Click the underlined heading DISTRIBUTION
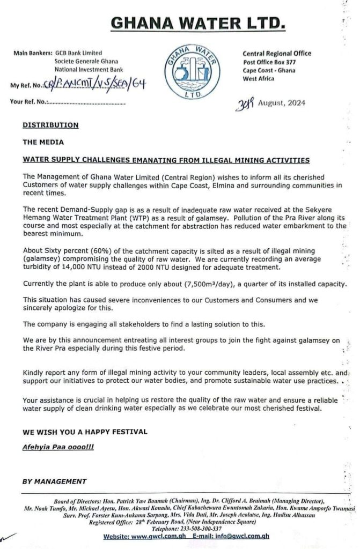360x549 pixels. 50,125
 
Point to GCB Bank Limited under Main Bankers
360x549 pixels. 79,54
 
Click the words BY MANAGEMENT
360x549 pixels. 54,481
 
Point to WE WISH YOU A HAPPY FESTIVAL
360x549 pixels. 84,431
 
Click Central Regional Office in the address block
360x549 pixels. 277,54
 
